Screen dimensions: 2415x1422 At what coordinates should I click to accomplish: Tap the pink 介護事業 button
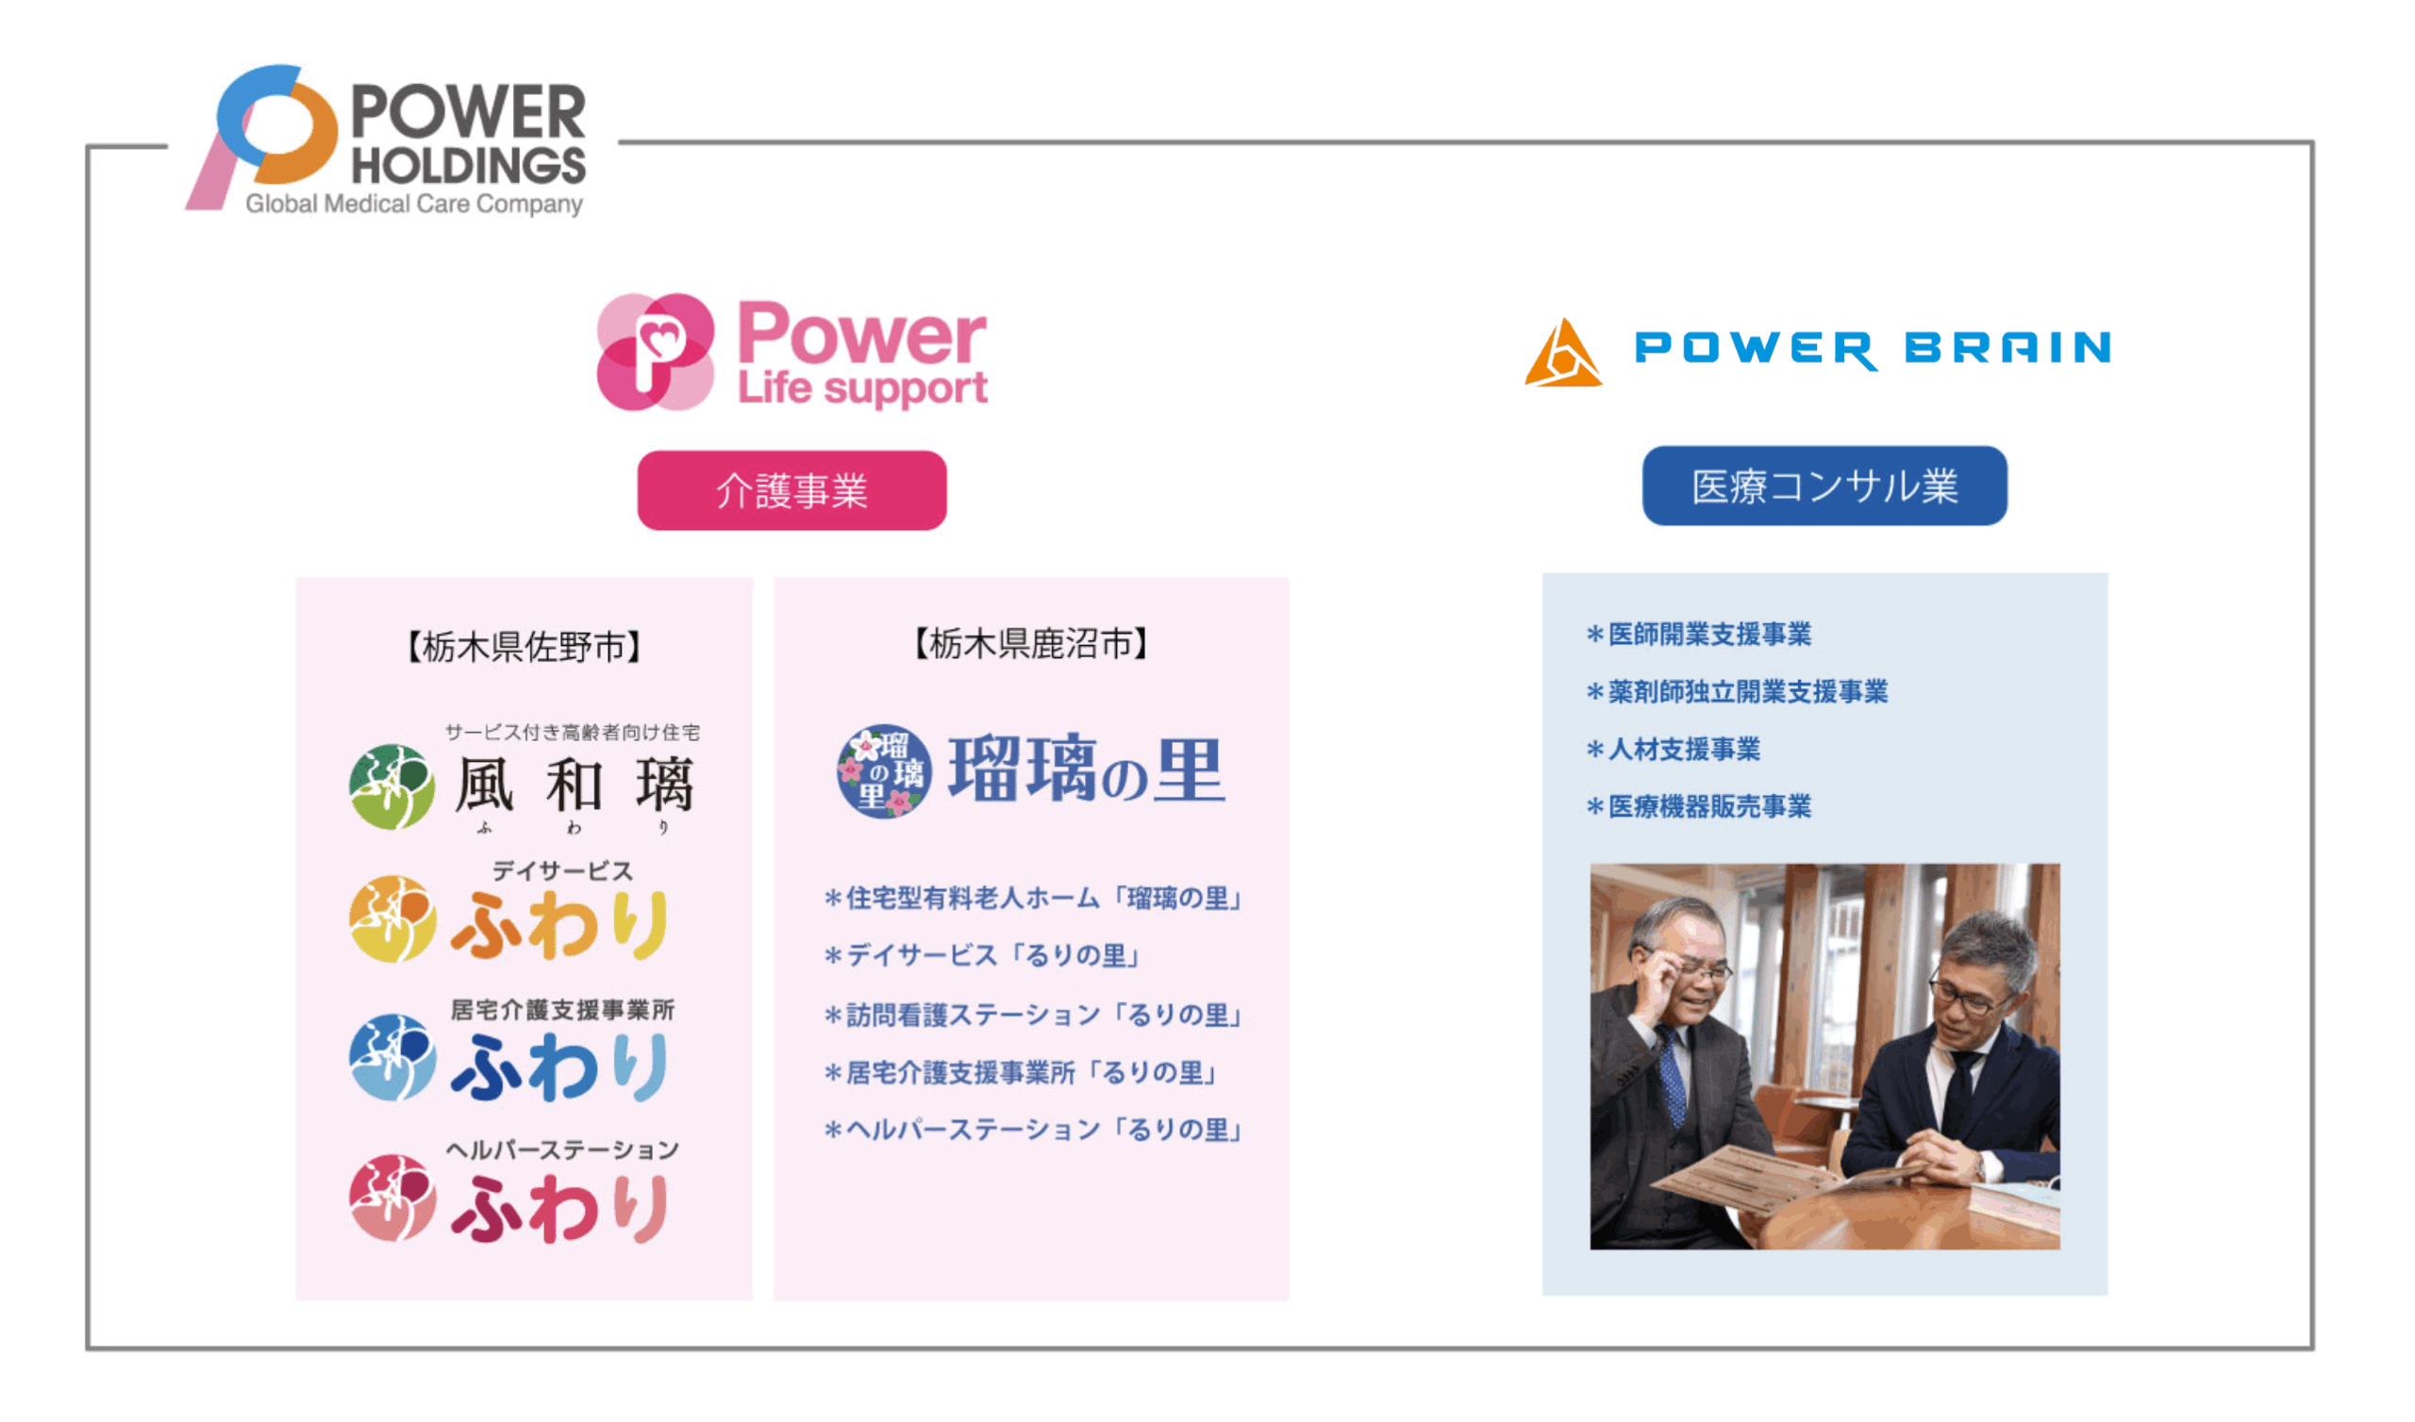791,490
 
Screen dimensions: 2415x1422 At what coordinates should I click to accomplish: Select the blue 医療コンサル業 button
1824,486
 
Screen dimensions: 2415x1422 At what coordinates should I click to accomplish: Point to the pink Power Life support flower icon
656,352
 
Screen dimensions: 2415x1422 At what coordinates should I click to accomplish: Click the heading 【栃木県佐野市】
524,648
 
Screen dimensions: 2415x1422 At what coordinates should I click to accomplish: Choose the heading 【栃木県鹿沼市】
1030,644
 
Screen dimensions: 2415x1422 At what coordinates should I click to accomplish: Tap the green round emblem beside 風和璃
391,786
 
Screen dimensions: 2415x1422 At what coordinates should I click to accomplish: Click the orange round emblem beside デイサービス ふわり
391,919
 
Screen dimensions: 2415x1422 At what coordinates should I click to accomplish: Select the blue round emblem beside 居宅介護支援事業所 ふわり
391,1058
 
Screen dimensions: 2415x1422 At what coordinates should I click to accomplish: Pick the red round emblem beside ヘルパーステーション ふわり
391,1198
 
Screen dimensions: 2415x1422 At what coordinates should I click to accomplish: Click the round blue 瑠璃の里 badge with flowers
884,771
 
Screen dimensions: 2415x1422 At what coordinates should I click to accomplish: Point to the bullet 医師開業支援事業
1699,635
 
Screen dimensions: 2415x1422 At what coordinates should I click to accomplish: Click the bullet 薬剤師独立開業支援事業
1738,692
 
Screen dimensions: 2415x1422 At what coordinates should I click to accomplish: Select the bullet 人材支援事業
1674,750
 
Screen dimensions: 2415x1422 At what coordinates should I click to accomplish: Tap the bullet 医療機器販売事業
1699,807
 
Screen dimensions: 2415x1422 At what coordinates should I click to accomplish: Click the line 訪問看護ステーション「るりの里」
1035,1015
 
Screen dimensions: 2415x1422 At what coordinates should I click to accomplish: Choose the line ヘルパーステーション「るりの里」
1035,1131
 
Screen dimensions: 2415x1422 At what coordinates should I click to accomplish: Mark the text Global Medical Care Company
414,204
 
